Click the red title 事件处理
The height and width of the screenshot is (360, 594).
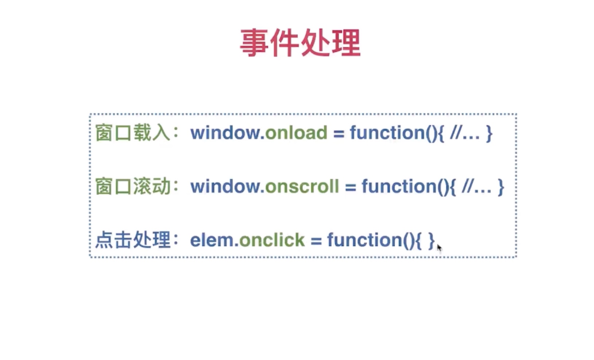click(x=300, y=43)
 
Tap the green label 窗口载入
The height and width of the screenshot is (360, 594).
click(x=132, y=133)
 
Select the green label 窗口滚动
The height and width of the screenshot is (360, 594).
click(x=132, y=187)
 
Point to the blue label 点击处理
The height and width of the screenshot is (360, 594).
click(x=132, y=240)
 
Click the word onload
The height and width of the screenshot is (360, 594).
click(x=296, y=133)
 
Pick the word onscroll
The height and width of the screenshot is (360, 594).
click(x=302, y=187)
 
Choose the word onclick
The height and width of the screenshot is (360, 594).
click(x=271, y=240)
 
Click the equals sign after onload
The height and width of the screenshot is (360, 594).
click(x=339, y=133)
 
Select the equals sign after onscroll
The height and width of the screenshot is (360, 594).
click(x=350, y=187)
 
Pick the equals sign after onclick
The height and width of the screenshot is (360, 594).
click(x=316, y=241)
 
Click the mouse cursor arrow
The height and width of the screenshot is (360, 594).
click(x=439, y=248)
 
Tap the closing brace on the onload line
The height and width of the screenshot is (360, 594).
click(x=489, y=133)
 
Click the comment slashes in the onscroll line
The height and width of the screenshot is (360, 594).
click(x=468, y=187)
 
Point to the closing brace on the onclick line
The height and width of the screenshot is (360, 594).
click(x=431, y=241)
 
